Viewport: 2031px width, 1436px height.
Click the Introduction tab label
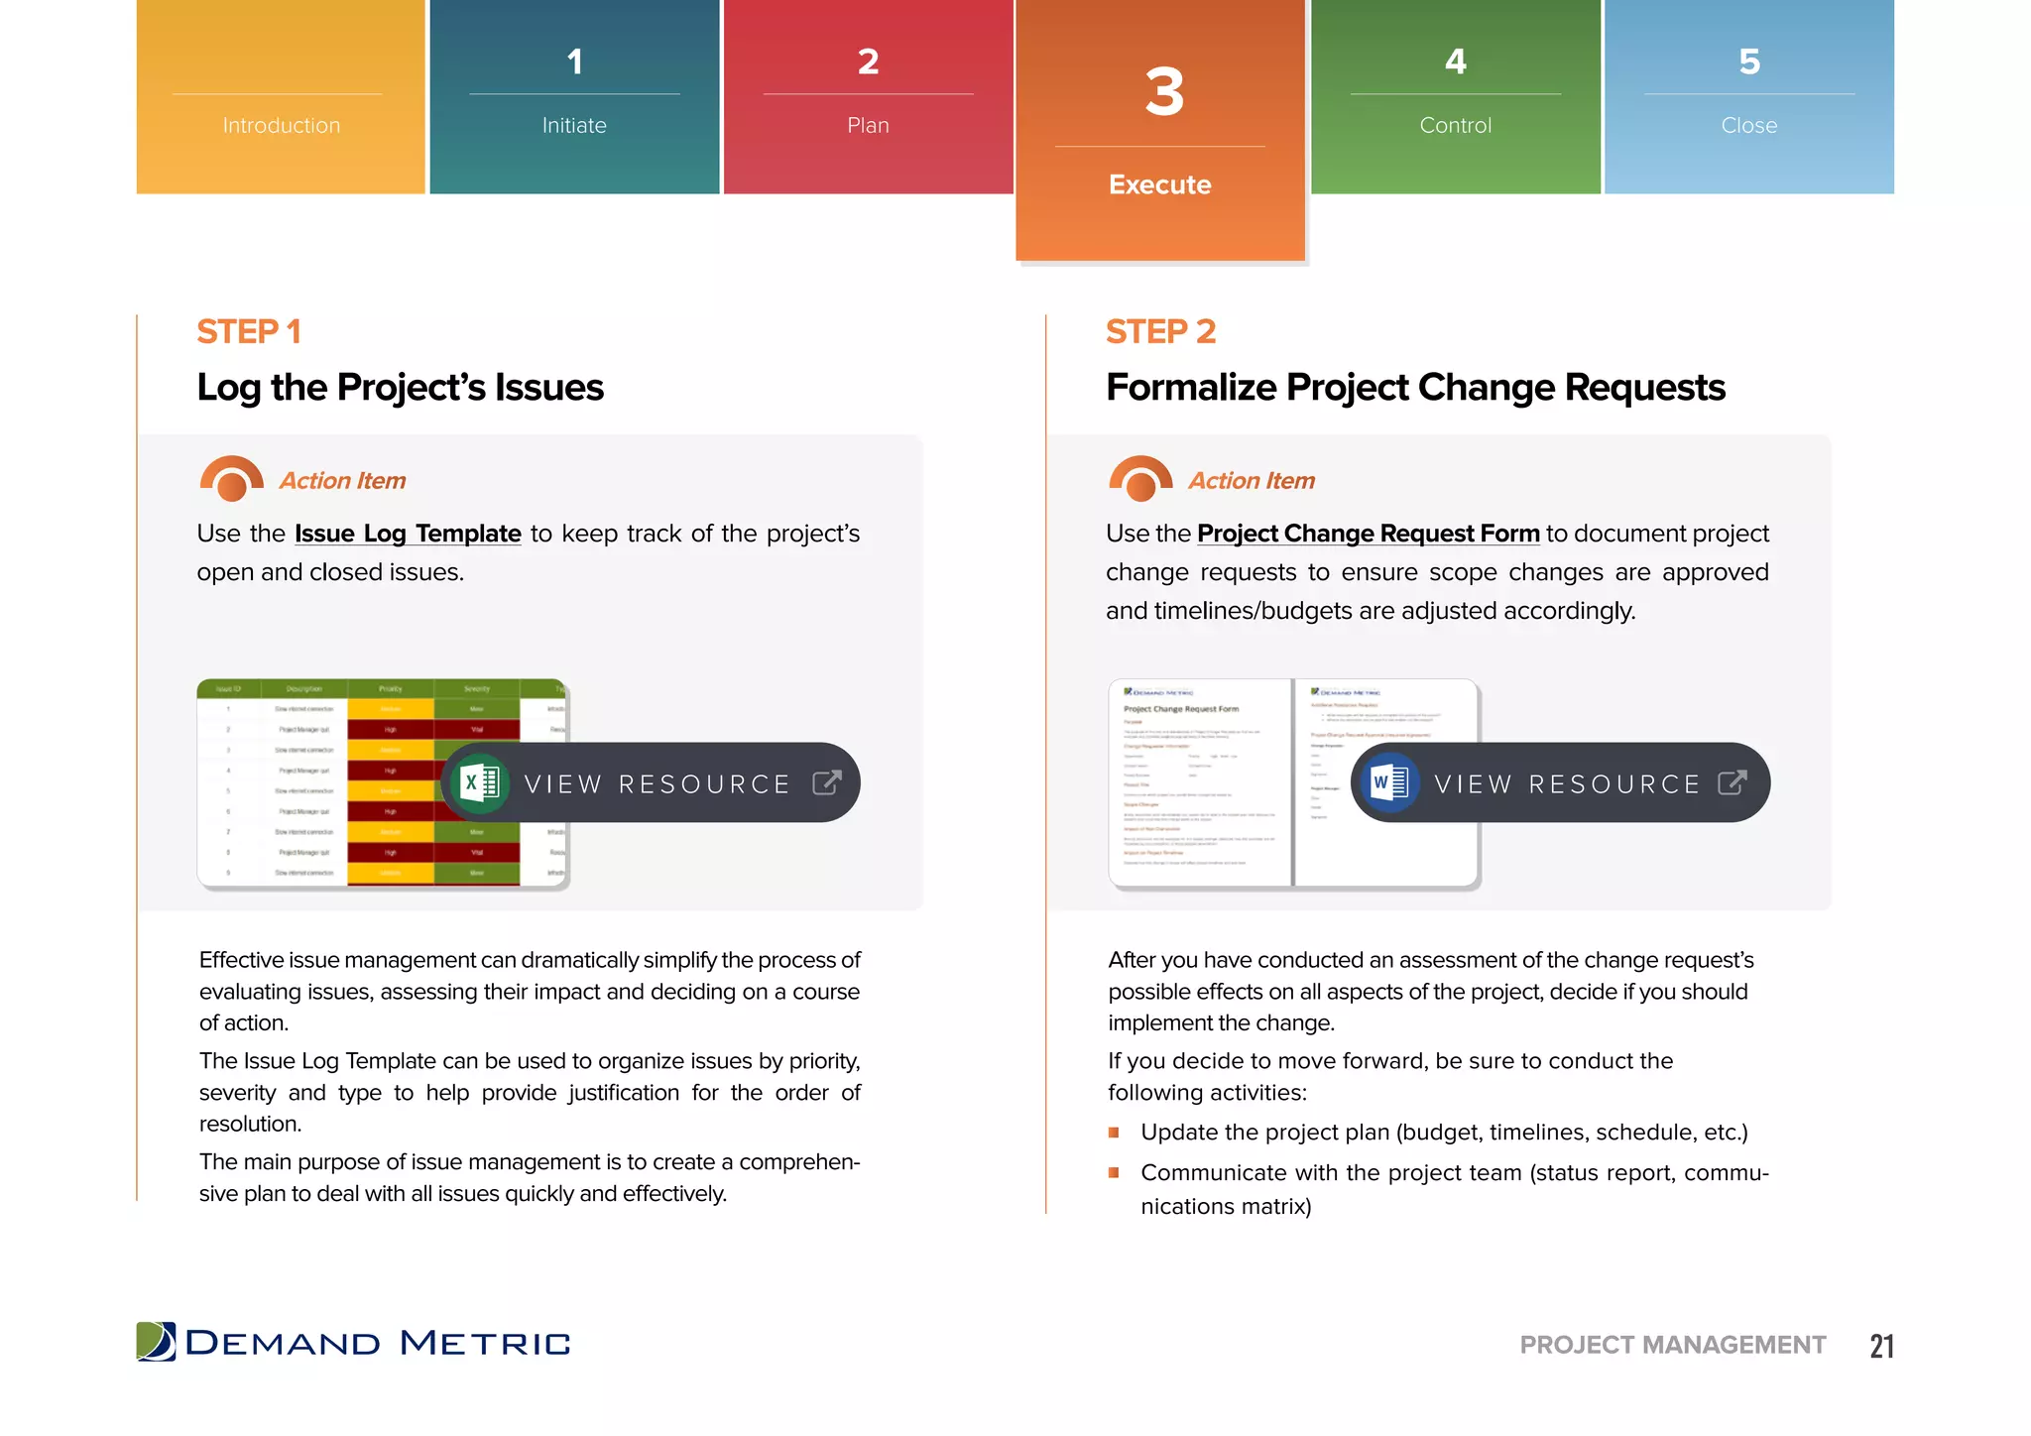coord(281,126)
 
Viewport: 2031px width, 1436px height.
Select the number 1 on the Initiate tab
coord(574,62)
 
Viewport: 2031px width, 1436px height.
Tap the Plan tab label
coord(868,126)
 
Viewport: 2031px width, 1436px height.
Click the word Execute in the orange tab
coord(1159,185)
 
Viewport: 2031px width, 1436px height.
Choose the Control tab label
coord(1455,126)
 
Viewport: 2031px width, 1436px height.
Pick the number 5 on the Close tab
coord(1749,62)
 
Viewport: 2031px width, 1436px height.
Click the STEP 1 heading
coord(249,332)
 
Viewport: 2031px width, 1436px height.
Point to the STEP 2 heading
coord(1160,332)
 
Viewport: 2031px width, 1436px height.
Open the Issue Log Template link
coord(408,534)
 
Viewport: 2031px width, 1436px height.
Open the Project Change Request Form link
coord(1368,534)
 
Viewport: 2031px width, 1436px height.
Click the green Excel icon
coord(480,783)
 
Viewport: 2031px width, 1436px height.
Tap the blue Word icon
coord(1389,783)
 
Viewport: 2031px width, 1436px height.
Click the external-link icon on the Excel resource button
coord(827,783)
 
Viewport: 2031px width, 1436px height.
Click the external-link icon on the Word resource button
coord(1732,783)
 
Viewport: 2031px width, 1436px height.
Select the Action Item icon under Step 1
coord(231,479)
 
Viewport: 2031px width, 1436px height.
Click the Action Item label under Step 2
coord(1252,481)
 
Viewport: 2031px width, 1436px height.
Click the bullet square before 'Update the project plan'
coord(1114,1133)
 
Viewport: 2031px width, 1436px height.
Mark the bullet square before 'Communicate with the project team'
coord(1114,1173)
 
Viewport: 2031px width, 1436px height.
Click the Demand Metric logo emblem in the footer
coord(156,1342)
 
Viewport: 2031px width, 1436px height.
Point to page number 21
coord(1881,1346)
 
